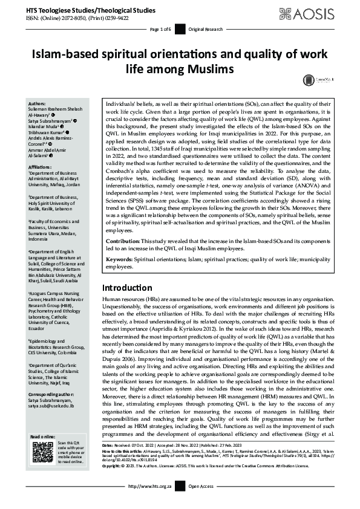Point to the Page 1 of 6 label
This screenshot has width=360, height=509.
(x=160, y=29)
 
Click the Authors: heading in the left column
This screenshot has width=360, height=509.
(x=38, y=104)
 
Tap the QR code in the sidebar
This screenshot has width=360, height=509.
(x=42, y=453)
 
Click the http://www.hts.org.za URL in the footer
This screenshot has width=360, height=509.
(x=151, y=503)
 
